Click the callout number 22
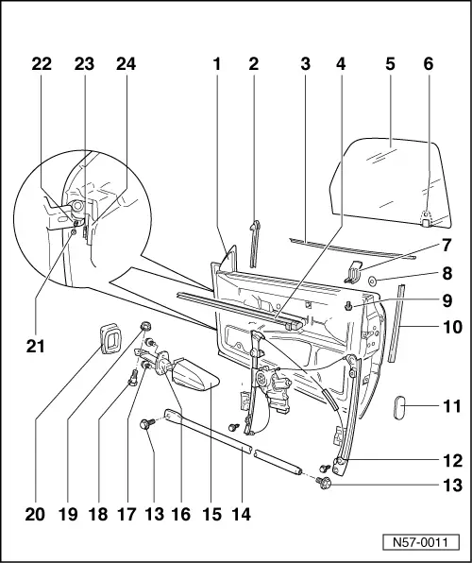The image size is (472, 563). (x=42, y=64)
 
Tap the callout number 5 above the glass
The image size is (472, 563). (x=390, y=64)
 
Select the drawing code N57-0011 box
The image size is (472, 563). (x=421, y=542)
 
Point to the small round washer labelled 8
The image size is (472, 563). (x=372, y=281)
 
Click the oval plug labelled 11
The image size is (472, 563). (x=398, y=407)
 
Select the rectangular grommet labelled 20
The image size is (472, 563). (x=110, y=338)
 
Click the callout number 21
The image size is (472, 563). (x=35, y=347)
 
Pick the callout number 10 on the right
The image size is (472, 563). (x=452, y=327)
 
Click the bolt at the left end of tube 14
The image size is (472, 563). (x=146, y=424)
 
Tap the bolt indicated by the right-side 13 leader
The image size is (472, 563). (x=324, y=483)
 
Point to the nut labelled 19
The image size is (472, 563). (x=145, y=327)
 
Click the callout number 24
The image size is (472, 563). (x=126, y=64)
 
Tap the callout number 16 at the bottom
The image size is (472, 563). (x=180, y=514)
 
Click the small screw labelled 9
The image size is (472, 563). (x=347, y=306)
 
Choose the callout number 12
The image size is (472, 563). (x=452, y=461)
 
